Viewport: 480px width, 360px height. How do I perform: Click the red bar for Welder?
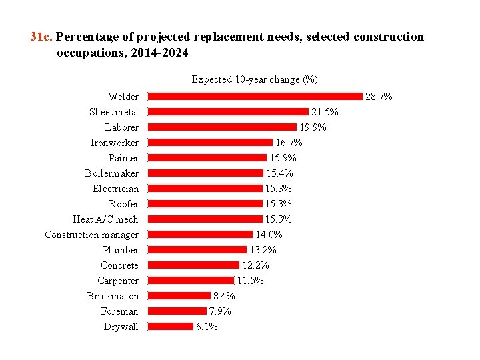(x=255, y=97)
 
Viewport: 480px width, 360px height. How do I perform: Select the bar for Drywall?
(x=170, y=327)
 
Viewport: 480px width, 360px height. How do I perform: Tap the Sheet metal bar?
(x=228, y=112)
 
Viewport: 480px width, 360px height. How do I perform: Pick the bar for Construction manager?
(x=200, y=235)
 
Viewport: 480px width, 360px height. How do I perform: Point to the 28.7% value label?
(x=379, y=97)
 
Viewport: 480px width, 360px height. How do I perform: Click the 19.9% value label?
(x=313, y=127)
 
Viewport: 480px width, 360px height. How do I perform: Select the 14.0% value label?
(x=269, y=235)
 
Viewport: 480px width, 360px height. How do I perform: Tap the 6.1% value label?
(x=207, y=327)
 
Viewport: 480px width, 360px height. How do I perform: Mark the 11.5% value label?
(x=250, y=281)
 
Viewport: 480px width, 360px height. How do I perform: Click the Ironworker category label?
(x=114, y=143)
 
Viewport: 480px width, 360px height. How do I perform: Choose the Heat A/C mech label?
(x=105, y=219)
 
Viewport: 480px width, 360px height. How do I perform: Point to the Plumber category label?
(x=121, y=250)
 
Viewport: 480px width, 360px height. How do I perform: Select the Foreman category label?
(x=119, y=311)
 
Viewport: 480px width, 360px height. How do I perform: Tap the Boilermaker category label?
(x=111, y=173)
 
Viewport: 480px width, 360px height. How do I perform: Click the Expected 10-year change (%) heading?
(x=255, y=79)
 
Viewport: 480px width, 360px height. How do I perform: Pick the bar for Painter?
(x=207, y=158)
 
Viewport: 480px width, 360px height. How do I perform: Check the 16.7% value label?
(x=289, y=143)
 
